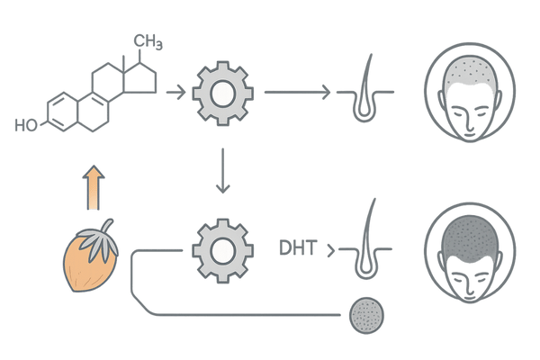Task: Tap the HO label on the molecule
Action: pyautogui.click(x=23, y=123)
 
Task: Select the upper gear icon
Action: pyautogui.click(x=221, y=92)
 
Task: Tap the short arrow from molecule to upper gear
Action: pyautogui.click(x=177, y=92)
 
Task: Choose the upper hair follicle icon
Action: pyautogui.click(x=365, y=90)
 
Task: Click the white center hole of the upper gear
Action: pyautogui.click(x=221, y=92)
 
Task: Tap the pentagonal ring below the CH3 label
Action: pyautogui.click(x=142, y=77)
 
